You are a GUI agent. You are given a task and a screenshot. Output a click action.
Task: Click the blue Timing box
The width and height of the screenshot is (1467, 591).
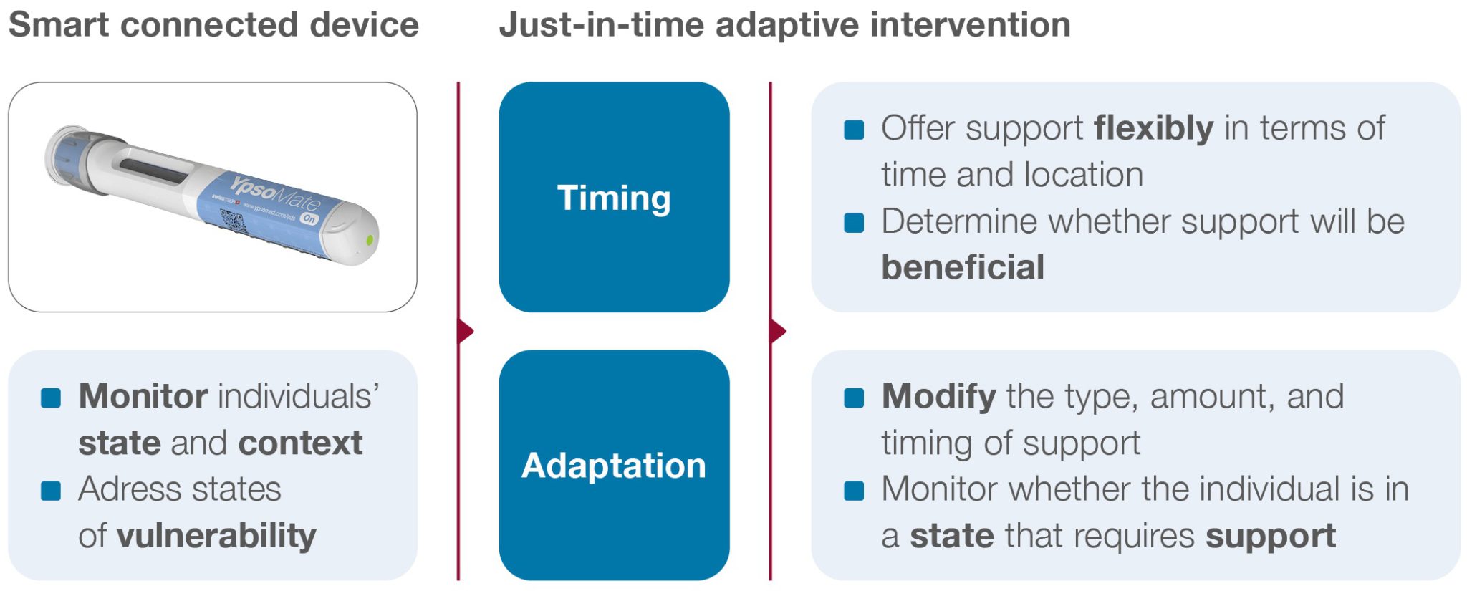tap(614, 197)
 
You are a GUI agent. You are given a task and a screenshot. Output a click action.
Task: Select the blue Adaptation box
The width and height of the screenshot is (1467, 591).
tap(614, 465)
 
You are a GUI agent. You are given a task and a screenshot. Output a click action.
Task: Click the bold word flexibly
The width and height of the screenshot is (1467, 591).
tap(1153, 129)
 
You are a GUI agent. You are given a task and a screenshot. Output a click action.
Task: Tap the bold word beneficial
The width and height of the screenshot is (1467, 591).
tap(963, 267)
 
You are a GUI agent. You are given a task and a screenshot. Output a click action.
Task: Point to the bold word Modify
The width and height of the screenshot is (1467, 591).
tap(938, 396)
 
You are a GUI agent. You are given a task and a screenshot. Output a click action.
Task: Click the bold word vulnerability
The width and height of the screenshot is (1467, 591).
tap(216, 536)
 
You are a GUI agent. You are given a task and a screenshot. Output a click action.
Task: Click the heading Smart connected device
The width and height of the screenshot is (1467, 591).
tap(213, 25)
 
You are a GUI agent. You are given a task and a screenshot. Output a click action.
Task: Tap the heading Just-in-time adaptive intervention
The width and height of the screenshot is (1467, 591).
tap(784, 25)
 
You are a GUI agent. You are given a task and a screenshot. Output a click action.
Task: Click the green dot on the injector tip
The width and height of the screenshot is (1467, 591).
tap(370, 240)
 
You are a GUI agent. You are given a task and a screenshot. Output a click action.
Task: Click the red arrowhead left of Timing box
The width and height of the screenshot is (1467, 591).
tap(466, 331)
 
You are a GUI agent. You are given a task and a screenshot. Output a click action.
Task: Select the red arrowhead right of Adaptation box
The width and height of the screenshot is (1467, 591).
tap(778, 331)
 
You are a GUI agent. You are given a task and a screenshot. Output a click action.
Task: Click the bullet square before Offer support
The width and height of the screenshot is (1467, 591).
tap(854, 130)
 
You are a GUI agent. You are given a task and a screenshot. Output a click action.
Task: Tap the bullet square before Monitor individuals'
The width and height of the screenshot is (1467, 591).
tap(51, 398)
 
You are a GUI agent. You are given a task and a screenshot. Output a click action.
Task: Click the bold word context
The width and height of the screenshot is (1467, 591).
tap(300, 443)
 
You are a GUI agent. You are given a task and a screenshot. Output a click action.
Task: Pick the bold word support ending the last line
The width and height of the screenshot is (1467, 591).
tap(1270, 536)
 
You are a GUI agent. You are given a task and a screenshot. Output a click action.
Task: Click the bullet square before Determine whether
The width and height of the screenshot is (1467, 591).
tap(854, 223)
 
